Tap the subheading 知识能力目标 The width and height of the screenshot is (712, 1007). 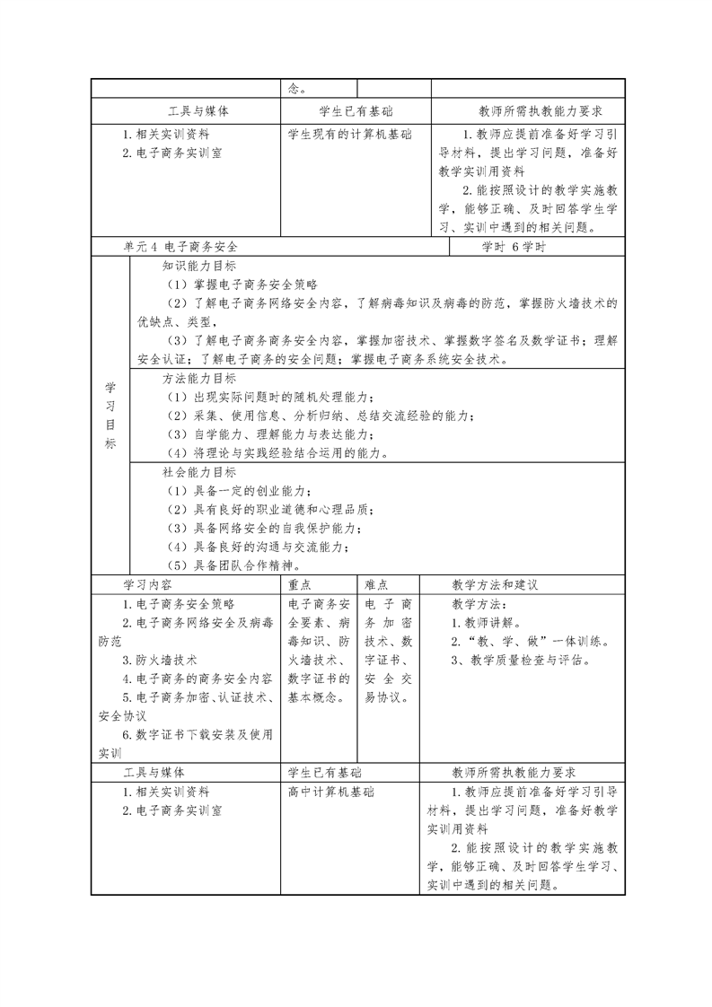[199, 267]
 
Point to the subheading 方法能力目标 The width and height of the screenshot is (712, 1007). [199, 379]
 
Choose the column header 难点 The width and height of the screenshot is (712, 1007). [377, 584]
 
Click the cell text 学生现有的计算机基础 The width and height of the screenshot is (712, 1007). [350, 134]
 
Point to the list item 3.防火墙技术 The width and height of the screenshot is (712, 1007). [160, 660]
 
